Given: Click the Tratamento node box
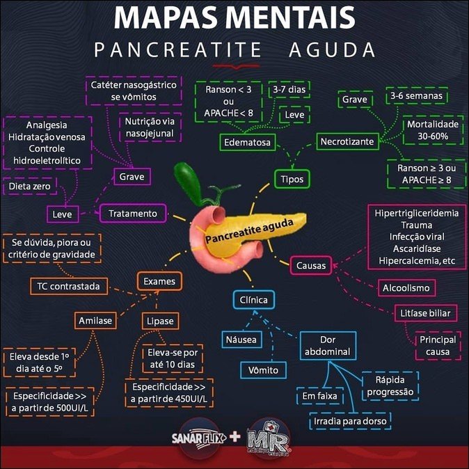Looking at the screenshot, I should click(x=133, y=213).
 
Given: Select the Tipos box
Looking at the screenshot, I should click(x=292, y=178).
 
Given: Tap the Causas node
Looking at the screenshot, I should click(x=310, y=265).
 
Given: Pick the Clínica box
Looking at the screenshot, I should click(x=254, y=301).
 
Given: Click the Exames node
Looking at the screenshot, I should click(x=159, y=281).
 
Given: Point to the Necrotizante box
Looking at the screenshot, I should click(x=347, y=142).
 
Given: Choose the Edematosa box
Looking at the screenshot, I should click(x=247, y=143).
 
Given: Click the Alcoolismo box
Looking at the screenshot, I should click(x=406, y=287).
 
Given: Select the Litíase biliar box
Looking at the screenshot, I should click(x=426, y=313).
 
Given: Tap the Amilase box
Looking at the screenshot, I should click(x=95, y=321).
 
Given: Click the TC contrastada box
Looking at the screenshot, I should click(x=68, y=285).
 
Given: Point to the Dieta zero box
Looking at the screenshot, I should click(x=29, y=186).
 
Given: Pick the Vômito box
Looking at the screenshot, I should click(x=264, y=370).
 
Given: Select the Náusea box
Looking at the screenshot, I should click(x=241, y=340).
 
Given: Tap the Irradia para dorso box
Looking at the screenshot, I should click(x=350, y=421).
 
